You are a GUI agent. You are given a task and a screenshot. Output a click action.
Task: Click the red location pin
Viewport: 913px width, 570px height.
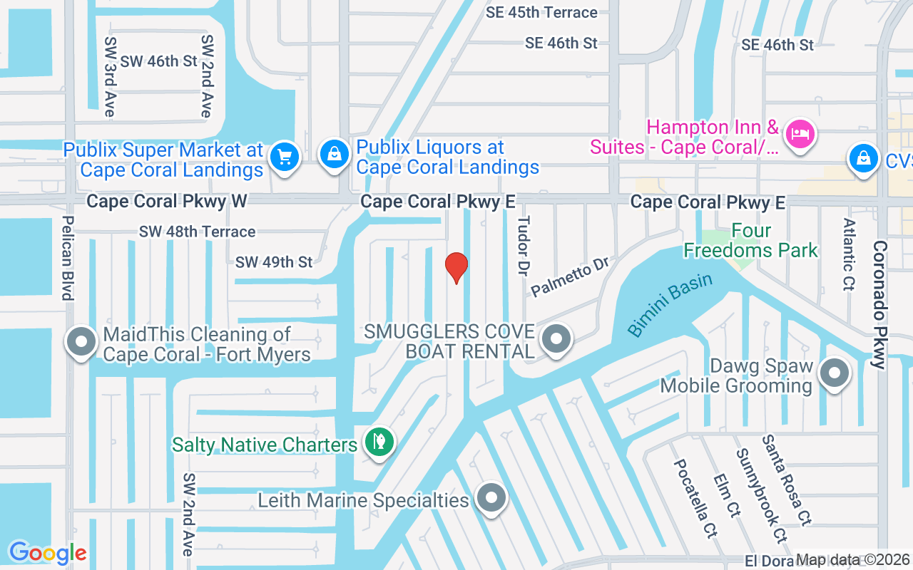pos(456,267)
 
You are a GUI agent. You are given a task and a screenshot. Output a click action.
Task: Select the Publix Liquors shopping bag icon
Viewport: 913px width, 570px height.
pos(334,154)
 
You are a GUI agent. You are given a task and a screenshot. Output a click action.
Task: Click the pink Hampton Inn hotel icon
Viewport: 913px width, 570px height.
pos(800,133)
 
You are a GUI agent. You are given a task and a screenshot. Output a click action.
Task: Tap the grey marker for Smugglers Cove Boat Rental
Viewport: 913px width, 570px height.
pos(556,339)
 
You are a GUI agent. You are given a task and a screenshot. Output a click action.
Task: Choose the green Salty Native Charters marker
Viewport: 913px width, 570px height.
pos(379,442)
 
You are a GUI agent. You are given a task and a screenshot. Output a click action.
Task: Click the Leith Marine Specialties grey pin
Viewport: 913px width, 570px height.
pos(491,497)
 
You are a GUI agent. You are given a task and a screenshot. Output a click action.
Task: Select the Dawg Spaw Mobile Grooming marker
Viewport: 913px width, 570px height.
pos(834,373)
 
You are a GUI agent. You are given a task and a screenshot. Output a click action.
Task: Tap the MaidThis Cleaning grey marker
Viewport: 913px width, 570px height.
pos(81,341)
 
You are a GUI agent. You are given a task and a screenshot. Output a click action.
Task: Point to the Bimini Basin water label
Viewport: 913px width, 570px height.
pos(670,304)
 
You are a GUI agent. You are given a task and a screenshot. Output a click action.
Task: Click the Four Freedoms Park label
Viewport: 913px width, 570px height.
pos(750,241)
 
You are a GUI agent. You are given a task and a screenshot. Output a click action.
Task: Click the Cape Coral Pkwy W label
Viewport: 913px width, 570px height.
pos(166,202)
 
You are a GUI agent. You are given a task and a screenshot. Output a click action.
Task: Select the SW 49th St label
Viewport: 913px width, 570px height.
pos(274,262)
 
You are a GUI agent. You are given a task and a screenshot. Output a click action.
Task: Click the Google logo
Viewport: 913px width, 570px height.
pos(48,553)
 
